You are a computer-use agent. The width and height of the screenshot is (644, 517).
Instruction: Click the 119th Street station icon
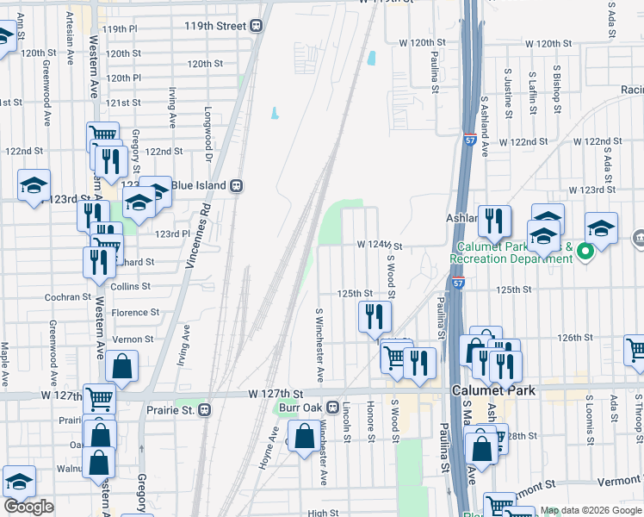(x=257, y=26)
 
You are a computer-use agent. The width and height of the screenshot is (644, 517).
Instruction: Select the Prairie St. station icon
(x=204, y=409)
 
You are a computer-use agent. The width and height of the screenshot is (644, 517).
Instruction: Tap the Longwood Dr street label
(x=207, y=134)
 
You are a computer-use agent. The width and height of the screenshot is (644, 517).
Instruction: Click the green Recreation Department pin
(x=585, y=252)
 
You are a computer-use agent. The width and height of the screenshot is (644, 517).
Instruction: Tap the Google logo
(x=28, y=507)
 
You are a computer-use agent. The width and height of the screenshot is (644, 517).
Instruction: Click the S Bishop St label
(x=557, y=90)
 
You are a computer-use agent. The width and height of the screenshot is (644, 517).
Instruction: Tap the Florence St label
(x=135, y=312)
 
